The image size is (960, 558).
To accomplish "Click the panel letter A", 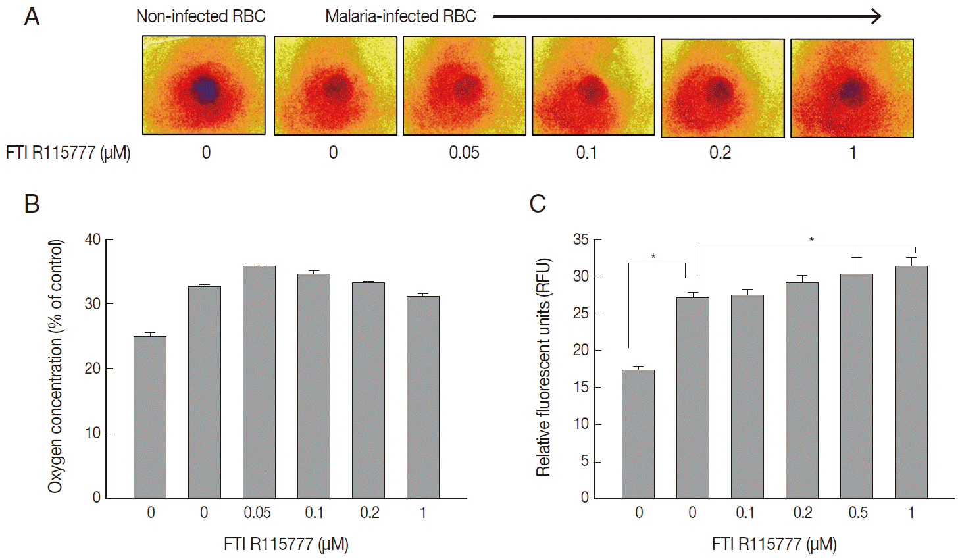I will click(x=32, y=16).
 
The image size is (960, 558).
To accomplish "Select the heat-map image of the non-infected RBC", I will click(x=204, y=85).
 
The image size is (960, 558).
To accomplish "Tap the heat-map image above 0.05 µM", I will click(x=465, y=86).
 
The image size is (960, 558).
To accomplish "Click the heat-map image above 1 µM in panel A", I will click(x=851, y=88).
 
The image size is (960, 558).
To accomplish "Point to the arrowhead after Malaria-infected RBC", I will click(x=876, y=16).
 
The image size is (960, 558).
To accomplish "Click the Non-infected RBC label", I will click(x=201, y=16).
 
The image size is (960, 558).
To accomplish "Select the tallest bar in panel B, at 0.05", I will click(x=259, y=382).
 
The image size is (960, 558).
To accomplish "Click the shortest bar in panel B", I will click(x=150, y=417).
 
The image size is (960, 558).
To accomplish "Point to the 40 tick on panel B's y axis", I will click(x=93, y=240).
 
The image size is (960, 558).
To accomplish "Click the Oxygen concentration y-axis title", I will click(x=55, y=366).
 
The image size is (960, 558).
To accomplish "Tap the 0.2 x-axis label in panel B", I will click(x=369, y=513).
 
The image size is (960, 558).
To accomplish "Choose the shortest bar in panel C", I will click(x=638, y=434).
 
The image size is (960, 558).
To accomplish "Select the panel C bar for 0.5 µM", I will click(x=856, y=386).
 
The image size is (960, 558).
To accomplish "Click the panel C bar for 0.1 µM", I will click(x=747, y=396).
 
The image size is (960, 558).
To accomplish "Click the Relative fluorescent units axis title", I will click(x=543, y=367).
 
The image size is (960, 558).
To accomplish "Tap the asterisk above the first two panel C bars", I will click(x=653, y=256).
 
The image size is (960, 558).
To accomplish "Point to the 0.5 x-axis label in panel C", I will click(x=857, y=513).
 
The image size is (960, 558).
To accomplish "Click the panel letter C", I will click(x=538, y=203).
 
